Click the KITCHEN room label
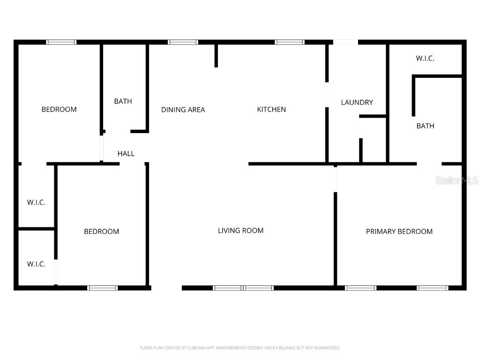(x=271, y=110)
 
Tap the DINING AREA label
(x=183, y=110)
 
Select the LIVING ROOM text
(x=240, y=231)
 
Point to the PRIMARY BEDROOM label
(x=399, y=232)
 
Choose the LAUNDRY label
(x=357, y=103)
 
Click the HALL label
(x=126, y=154)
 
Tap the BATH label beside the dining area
(x=123, y=101)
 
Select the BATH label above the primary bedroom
(x=425, y=126)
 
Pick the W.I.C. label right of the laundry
(x=425, y=59)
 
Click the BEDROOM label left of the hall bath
(x=59, y=110)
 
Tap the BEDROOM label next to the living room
(x=101, y=232)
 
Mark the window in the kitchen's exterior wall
(x=289, y=42)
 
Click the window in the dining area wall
(x=183, y=42)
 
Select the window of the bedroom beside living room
(x=102, y=288)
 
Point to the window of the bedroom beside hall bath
(x=61, y=42)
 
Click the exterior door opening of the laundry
(x=345, y=42)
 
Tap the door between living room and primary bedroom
(x=335, y=179)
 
